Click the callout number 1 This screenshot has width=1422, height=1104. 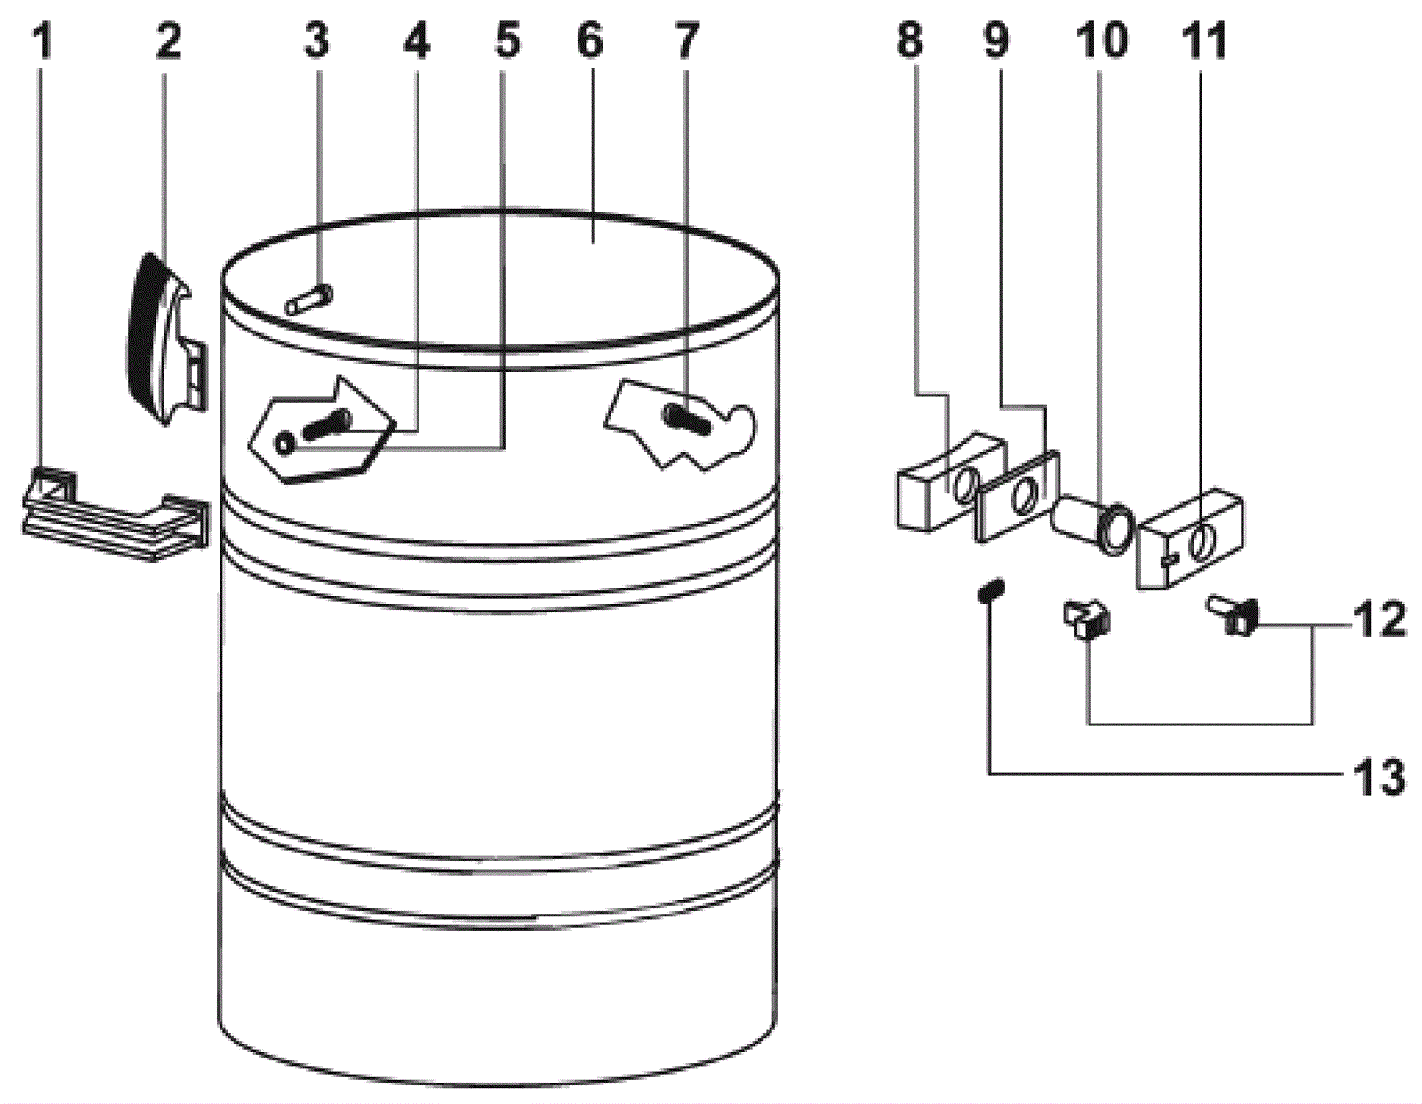tap(42, 42)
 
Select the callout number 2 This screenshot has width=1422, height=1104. tap(169, 42)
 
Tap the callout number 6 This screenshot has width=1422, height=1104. tap(589, 42)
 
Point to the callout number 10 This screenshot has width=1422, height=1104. tap(1101, 41)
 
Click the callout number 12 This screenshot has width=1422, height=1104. tap(1379, 620)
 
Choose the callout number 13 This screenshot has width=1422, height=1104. tap(1379, 778)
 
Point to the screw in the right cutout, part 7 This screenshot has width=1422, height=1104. tap(687, 418)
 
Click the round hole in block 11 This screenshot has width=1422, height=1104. tap(1203, 538)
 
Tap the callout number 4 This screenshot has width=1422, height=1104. tap(416, 42)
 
